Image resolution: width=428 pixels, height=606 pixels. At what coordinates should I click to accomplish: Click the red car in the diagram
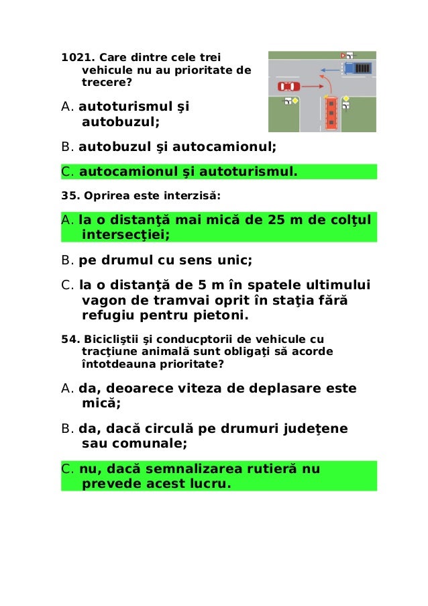(288, 86)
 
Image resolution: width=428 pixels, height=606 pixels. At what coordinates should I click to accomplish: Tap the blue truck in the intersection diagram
(356, 68)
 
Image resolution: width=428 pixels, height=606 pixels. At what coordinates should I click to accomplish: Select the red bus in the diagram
(330, 113)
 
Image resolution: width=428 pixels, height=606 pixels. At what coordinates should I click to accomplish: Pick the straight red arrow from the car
(308, 86)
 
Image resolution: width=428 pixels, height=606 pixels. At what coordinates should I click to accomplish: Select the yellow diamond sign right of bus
(346, 99)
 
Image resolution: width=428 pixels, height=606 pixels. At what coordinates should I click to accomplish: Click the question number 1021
(76, 58)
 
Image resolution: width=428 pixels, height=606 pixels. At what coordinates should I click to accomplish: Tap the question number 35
(70, 197)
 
